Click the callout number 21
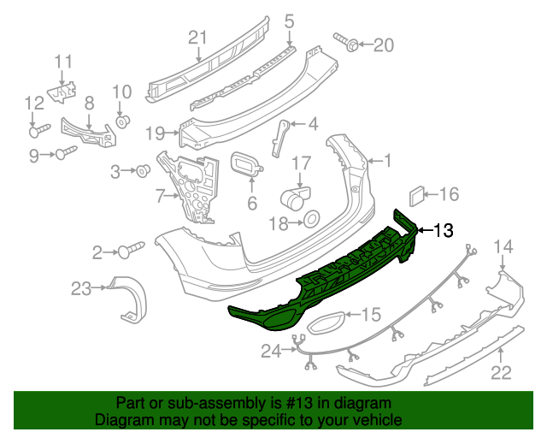197,37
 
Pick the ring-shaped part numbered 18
311,222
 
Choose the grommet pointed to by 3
143,170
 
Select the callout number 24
271,349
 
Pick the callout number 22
502,372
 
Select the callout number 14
503,247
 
